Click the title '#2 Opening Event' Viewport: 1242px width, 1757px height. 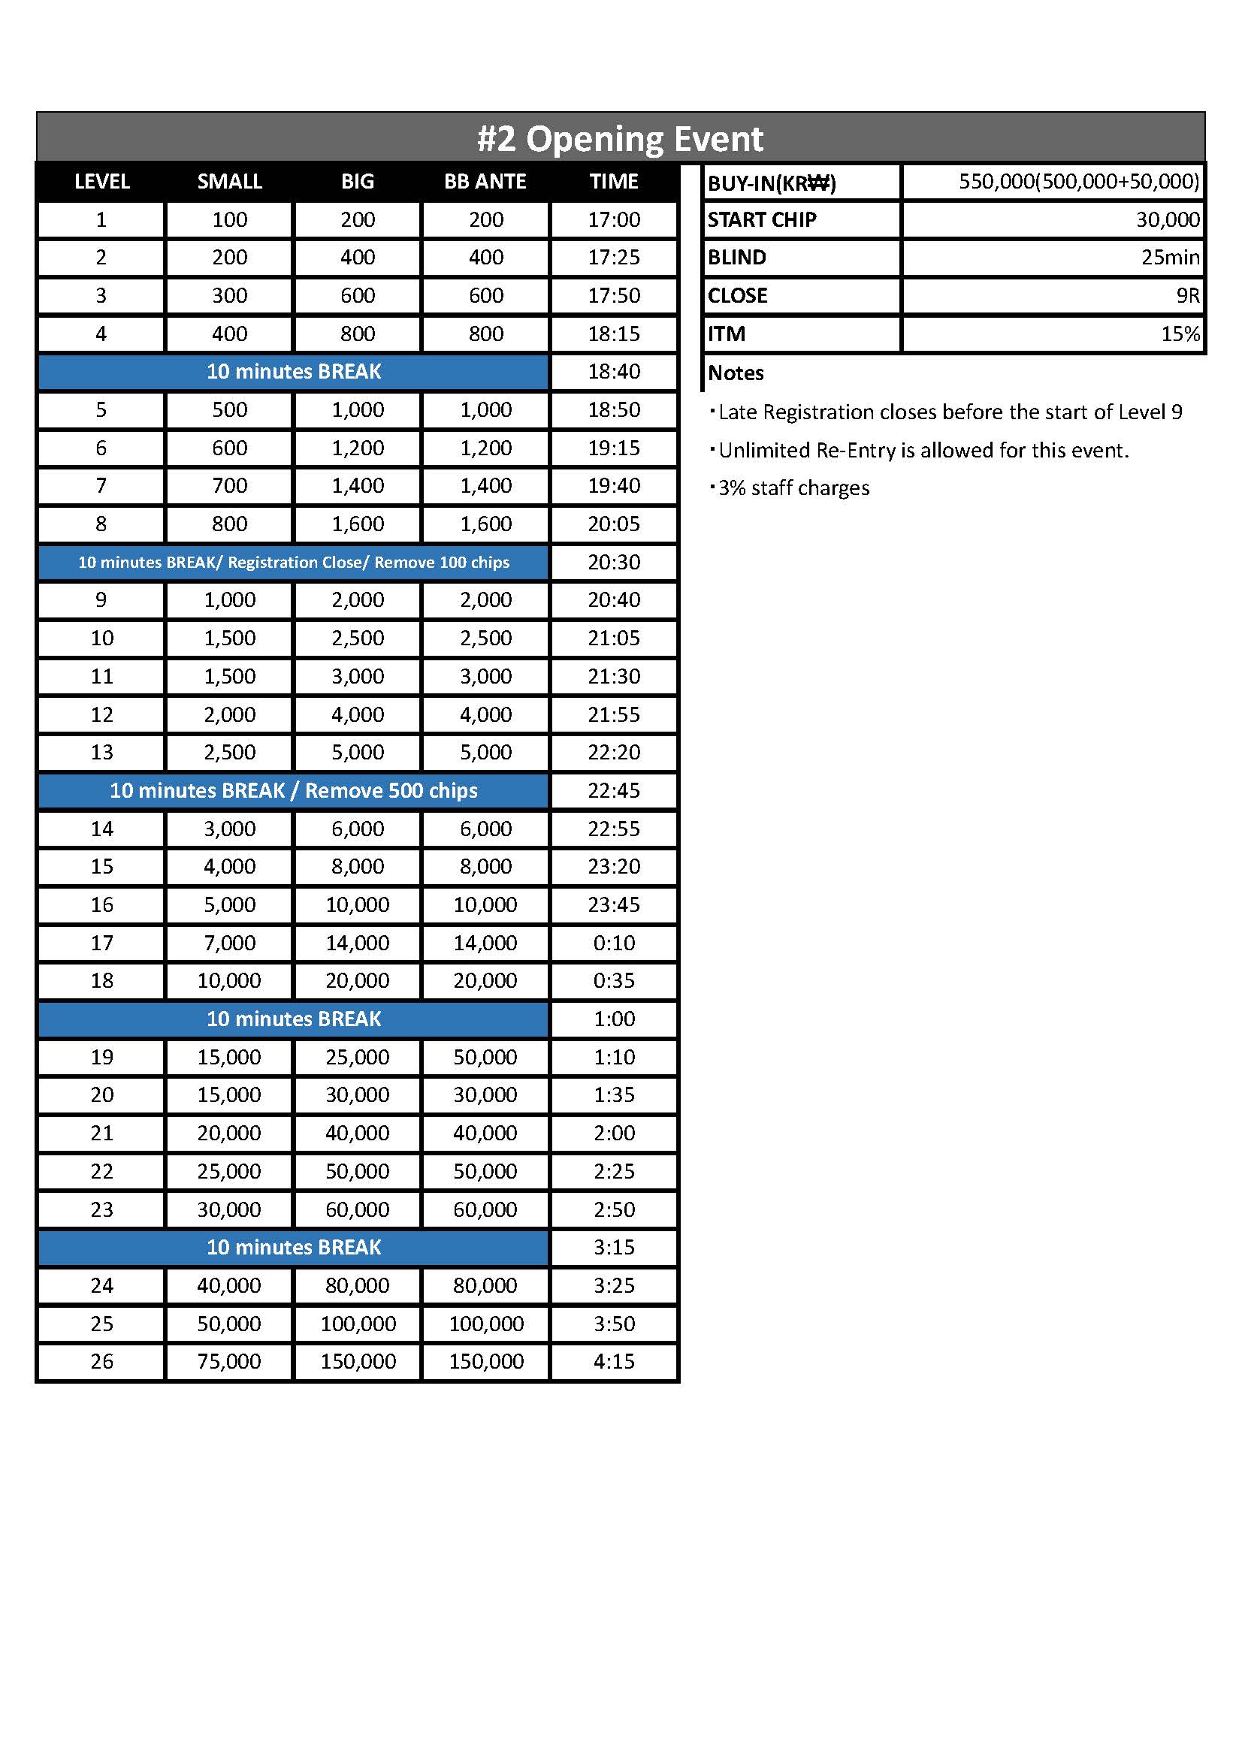click(x=620, y=139)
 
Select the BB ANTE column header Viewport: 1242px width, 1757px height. click(x=485, y=181)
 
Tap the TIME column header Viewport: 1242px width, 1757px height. click(x=614, y=181)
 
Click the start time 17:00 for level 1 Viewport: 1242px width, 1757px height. click(x=614, y=219)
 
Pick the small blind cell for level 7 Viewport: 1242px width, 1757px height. click(x=230, y=485)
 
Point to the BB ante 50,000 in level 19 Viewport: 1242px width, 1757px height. click(x=485, y=1057)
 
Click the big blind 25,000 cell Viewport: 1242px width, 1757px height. click(x=358, y=1057)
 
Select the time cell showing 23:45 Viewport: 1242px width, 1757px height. click(x=614, y=904)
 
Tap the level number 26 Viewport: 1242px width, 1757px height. click(x=101, y=1361)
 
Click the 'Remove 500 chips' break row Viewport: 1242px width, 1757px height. click(x=294, y=790)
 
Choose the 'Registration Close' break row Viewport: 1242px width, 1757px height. click(x=294, y=563)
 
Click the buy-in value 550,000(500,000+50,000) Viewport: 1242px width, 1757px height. click(x=1078, y=181)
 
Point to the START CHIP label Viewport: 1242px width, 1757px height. click(x=761, y=219)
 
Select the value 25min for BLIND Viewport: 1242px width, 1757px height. click(x=1169, y=257)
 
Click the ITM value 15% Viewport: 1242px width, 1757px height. click(x=1180, y=334)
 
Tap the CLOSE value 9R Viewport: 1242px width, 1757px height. click(x=1188, y=295)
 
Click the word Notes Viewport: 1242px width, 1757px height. click(x=736, y=373)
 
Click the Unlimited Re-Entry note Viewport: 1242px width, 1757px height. click(x=923, y=450)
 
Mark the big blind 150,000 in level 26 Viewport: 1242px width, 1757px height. click(x=358, y=1361)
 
